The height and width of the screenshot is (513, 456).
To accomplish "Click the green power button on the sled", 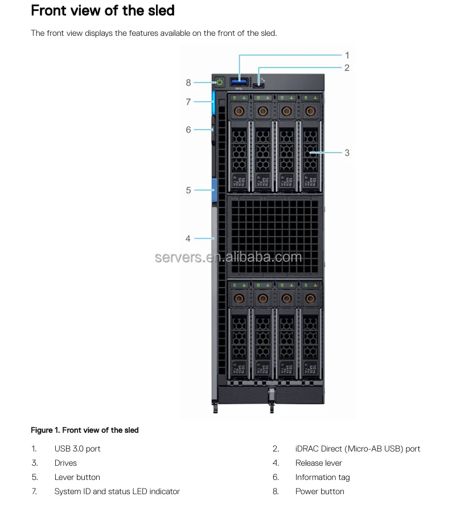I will pyautogui.click(x=220, y=83).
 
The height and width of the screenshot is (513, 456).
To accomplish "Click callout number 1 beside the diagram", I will pyautogui.click(x=347, y=55).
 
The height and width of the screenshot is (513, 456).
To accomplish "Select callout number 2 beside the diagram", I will pyautogui.click(x=347, y=68).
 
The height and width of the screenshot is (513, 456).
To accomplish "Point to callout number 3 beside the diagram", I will pyautogui.click(x=347, y=153).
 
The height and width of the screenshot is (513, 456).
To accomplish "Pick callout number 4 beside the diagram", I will pyautogui.click(x=188, y=239).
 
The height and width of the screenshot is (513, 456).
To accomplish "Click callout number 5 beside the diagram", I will pyautogui.click(x=188, y=190).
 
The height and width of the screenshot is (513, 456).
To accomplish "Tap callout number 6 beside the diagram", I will pyautogui.click(x=188, y=130).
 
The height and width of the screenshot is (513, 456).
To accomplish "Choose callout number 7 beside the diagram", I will pyautogui.click(x=188, y=102).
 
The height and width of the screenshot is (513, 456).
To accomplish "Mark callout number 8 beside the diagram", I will pyautogui.click(x=188, y=83).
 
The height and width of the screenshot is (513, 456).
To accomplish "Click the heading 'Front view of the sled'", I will pyautogui.click(x=102, y=10).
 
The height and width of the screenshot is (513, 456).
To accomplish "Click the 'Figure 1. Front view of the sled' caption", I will pyautogui.click(x=85, y=430).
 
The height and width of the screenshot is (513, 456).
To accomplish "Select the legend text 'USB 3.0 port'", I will pyautogui.click(x=77, y=449).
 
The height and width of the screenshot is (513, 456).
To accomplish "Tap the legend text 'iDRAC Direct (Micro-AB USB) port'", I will pyautogui.click(x=358, y=449).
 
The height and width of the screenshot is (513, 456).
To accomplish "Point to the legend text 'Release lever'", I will pyautogui.click(x=319, y=463).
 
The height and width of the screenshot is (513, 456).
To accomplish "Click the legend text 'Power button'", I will pyautogui.click(x=319, y=491).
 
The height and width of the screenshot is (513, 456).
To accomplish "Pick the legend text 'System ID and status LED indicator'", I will pyautogui.click(x=117, y=491).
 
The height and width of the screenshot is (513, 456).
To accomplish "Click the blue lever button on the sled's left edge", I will pyautogui.click(x=214, y=190).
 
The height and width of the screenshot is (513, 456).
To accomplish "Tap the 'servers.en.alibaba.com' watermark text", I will pyautogui.click(x=228, y=257).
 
